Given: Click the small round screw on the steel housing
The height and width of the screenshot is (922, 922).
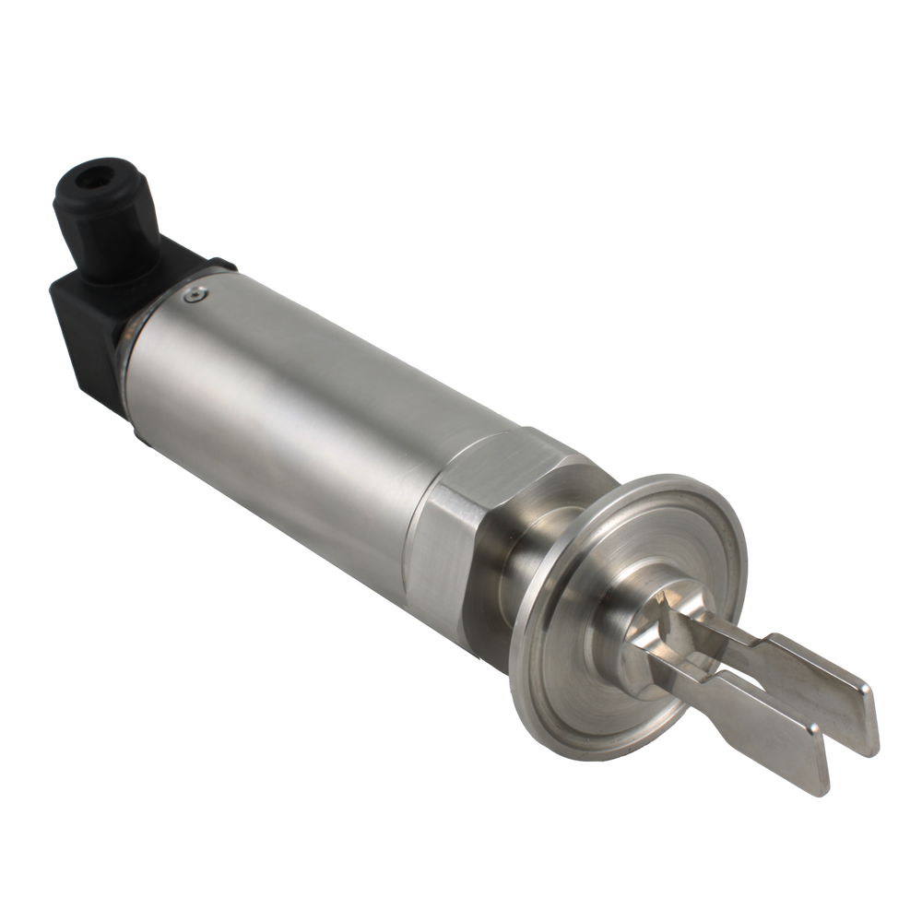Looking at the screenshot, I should tap(191, 294).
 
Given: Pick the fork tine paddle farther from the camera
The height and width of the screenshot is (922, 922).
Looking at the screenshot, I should tap(811, 682).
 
